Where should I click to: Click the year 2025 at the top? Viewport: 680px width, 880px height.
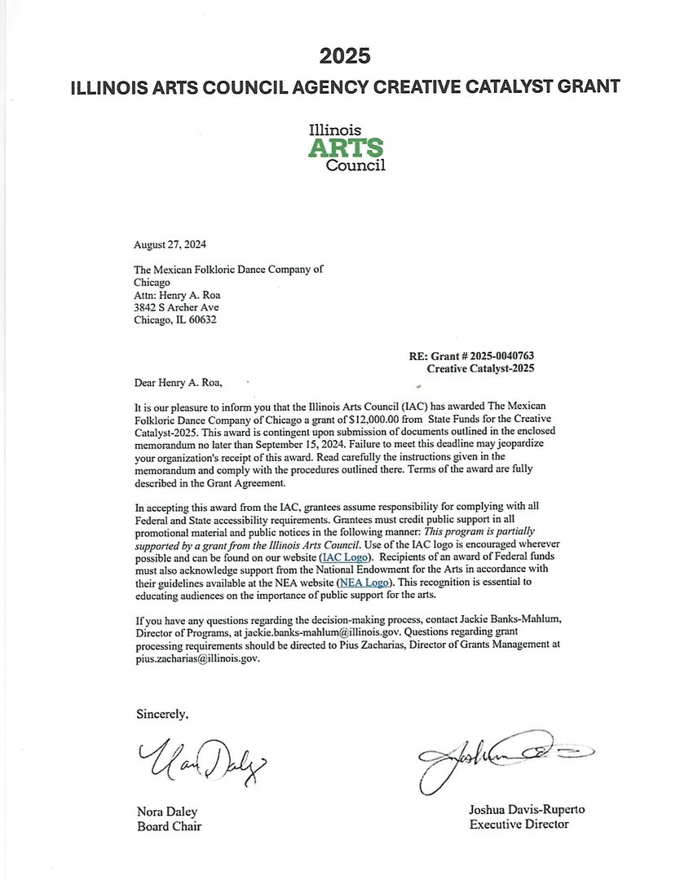[x=345, y=55]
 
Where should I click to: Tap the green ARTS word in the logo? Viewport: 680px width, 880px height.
[x=345, y=147]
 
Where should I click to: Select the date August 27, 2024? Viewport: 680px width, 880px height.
[x=171, y=244]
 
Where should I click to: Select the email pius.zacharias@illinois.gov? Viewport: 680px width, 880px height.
[x=196, y=657]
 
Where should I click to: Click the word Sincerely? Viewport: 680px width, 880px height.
[x=162, y=714]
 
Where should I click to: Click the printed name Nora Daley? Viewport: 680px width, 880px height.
[x=166, y=812]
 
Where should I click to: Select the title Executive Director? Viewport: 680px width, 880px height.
[x=519, y=824]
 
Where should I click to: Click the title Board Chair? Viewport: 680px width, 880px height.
[x=169, y=826]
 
